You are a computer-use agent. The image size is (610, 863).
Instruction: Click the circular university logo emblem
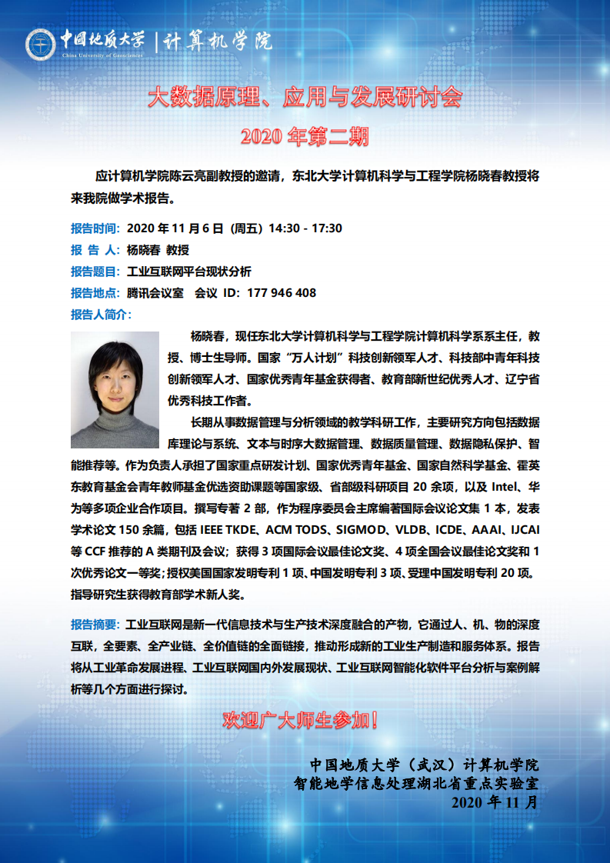click(41, 43)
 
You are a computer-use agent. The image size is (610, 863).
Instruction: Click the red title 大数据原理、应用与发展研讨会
click(305, 98)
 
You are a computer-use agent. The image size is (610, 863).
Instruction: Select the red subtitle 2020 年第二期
click(305, 136)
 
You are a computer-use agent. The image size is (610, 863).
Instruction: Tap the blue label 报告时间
click(95, 228)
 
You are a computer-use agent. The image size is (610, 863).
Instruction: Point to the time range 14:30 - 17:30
click(305, 228)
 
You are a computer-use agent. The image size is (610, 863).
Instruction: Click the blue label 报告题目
click(95, 271)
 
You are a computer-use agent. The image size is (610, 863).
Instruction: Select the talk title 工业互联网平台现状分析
click(188, 271)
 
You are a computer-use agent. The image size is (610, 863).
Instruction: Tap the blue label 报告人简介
click(100, 314)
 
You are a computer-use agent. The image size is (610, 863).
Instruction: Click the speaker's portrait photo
click(115, 390)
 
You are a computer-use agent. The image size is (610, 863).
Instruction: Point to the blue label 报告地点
click(95, 292)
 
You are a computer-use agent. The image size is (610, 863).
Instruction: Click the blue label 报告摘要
click(95, 623)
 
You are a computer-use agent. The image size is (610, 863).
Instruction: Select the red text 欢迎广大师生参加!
click(300, 721)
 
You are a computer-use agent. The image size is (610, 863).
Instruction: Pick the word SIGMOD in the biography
click(362, 529)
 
